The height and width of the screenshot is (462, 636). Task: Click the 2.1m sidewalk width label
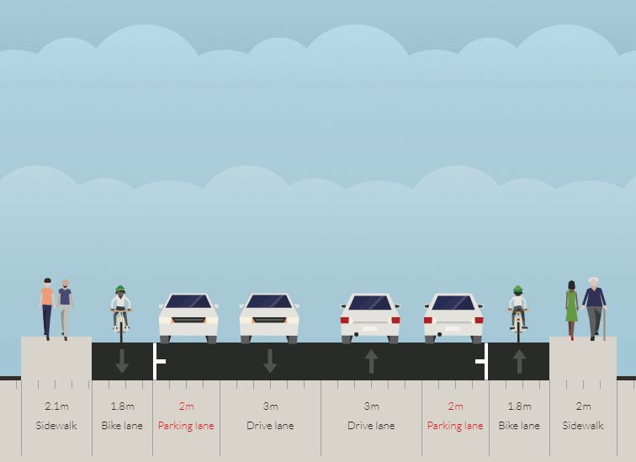point(56,406)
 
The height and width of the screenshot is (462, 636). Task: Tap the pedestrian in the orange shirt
point(47,309)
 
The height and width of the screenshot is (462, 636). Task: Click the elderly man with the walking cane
point(594,309)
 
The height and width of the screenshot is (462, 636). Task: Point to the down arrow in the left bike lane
point(122,361)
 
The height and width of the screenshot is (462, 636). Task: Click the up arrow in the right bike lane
point(519,361)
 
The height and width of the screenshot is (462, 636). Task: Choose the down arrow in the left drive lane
point(270,361)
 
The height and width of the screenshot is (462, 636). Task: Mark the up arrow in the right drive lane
point(371,361)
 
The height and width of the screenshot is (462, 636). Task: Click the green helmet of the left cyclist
point(119,289)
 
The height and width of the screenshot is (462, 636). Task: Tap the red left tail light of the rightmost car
point(428,320)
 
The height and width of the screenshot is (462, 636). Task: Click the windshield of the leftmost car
point(188,302)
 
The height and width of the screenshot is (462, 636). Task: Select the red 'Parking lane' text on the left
point(186,426)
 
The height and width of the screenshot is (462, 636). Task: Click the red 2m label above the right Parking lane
point(455,406)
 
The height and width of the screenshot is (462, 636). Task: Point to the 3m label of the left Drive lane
point(270,406)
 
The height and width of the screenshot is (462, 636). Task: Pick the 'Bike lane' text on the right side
point(519,426)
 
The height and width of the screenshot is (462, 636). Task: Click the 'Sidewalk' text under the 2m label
point(583,426)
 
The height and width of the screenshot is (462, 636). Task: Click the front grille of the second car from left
point(269,320)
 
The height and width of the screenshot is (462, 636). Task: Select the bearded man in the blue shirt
point(65,309)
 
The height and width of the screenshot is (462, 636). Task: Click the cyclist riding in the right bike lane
point(518,313)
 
